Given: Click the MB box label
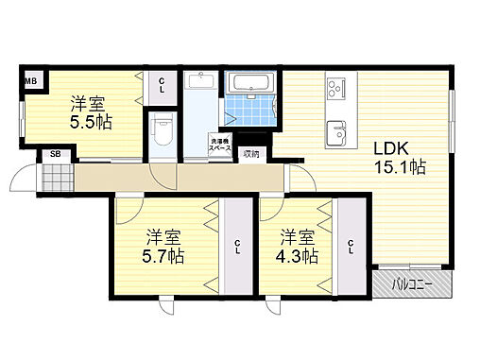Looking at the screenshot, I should click(31, 81).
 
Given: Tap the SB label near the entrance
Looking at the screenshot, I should click(55, 155).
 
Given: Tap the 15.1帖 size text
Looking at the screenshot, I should click(400, 168).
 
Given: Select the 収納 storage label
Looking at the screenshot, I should click(250, 153).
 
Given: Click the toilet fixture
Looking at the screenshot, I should click(163, 126).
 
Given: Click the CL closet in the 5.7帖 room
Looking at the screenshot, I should click(236, 248).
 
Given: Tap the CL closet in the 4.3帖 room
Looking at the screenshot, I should click(351, 248).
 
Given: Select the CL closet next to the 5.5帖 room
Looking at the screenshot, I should click(162, 89).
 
